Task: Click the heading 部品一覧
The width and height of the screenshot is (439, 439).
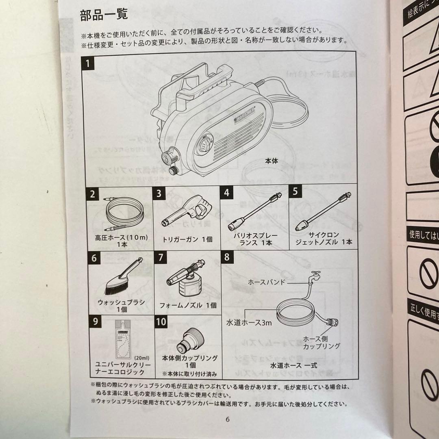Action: pyautogui.click(x=104, y=15)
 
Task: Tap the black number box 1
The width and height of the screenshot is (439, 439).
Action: pyautogui.click(x=88, y=64)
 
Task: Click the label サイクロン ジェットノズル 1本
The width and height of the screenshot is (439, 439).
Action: pyautogui.click(x=324, y=239)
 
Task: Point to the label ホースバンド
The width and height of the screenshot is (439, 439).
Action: pyautogui.click(x=267, y=282)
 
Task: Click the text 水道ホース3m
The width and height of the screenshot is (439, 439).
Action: pyautogui.click(x=249, y=323)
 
